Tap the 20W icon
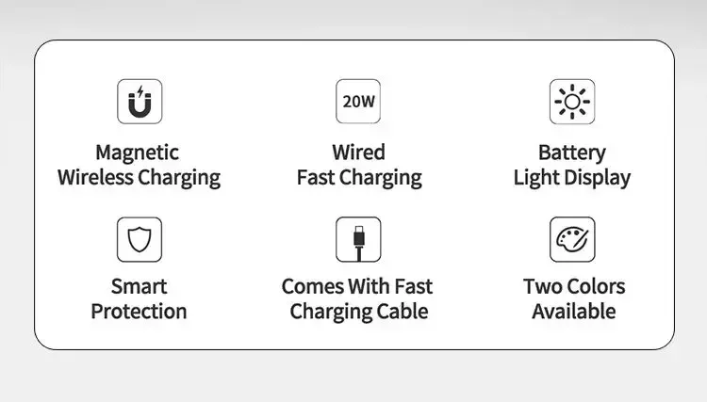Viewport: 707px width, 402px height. [x=358, y=102]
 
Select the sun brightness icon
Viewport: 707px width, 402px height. [x=572, y=102]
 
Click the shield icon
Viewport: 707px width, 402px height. [x=140, y=239]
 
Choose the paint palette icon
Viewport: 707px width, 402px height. [x=572, y=239]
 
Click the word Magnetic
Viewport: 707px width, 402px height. [x=137, y=153]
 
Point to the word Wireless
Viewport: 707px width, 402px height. [x=95, y=177]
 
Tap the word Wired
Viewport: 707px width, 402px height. [x=358, y=153]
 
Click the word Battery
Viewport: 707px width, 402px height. [x=572, y=153]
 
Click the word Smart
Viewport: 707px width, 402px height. [x=140, y=287]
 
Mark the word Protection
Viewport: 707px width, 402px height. [x=139, y=312]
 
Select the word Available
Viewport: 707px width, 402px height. [x=574, y=312]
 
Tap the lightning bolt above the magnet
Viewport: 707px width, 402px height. [x=140, y=91]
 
